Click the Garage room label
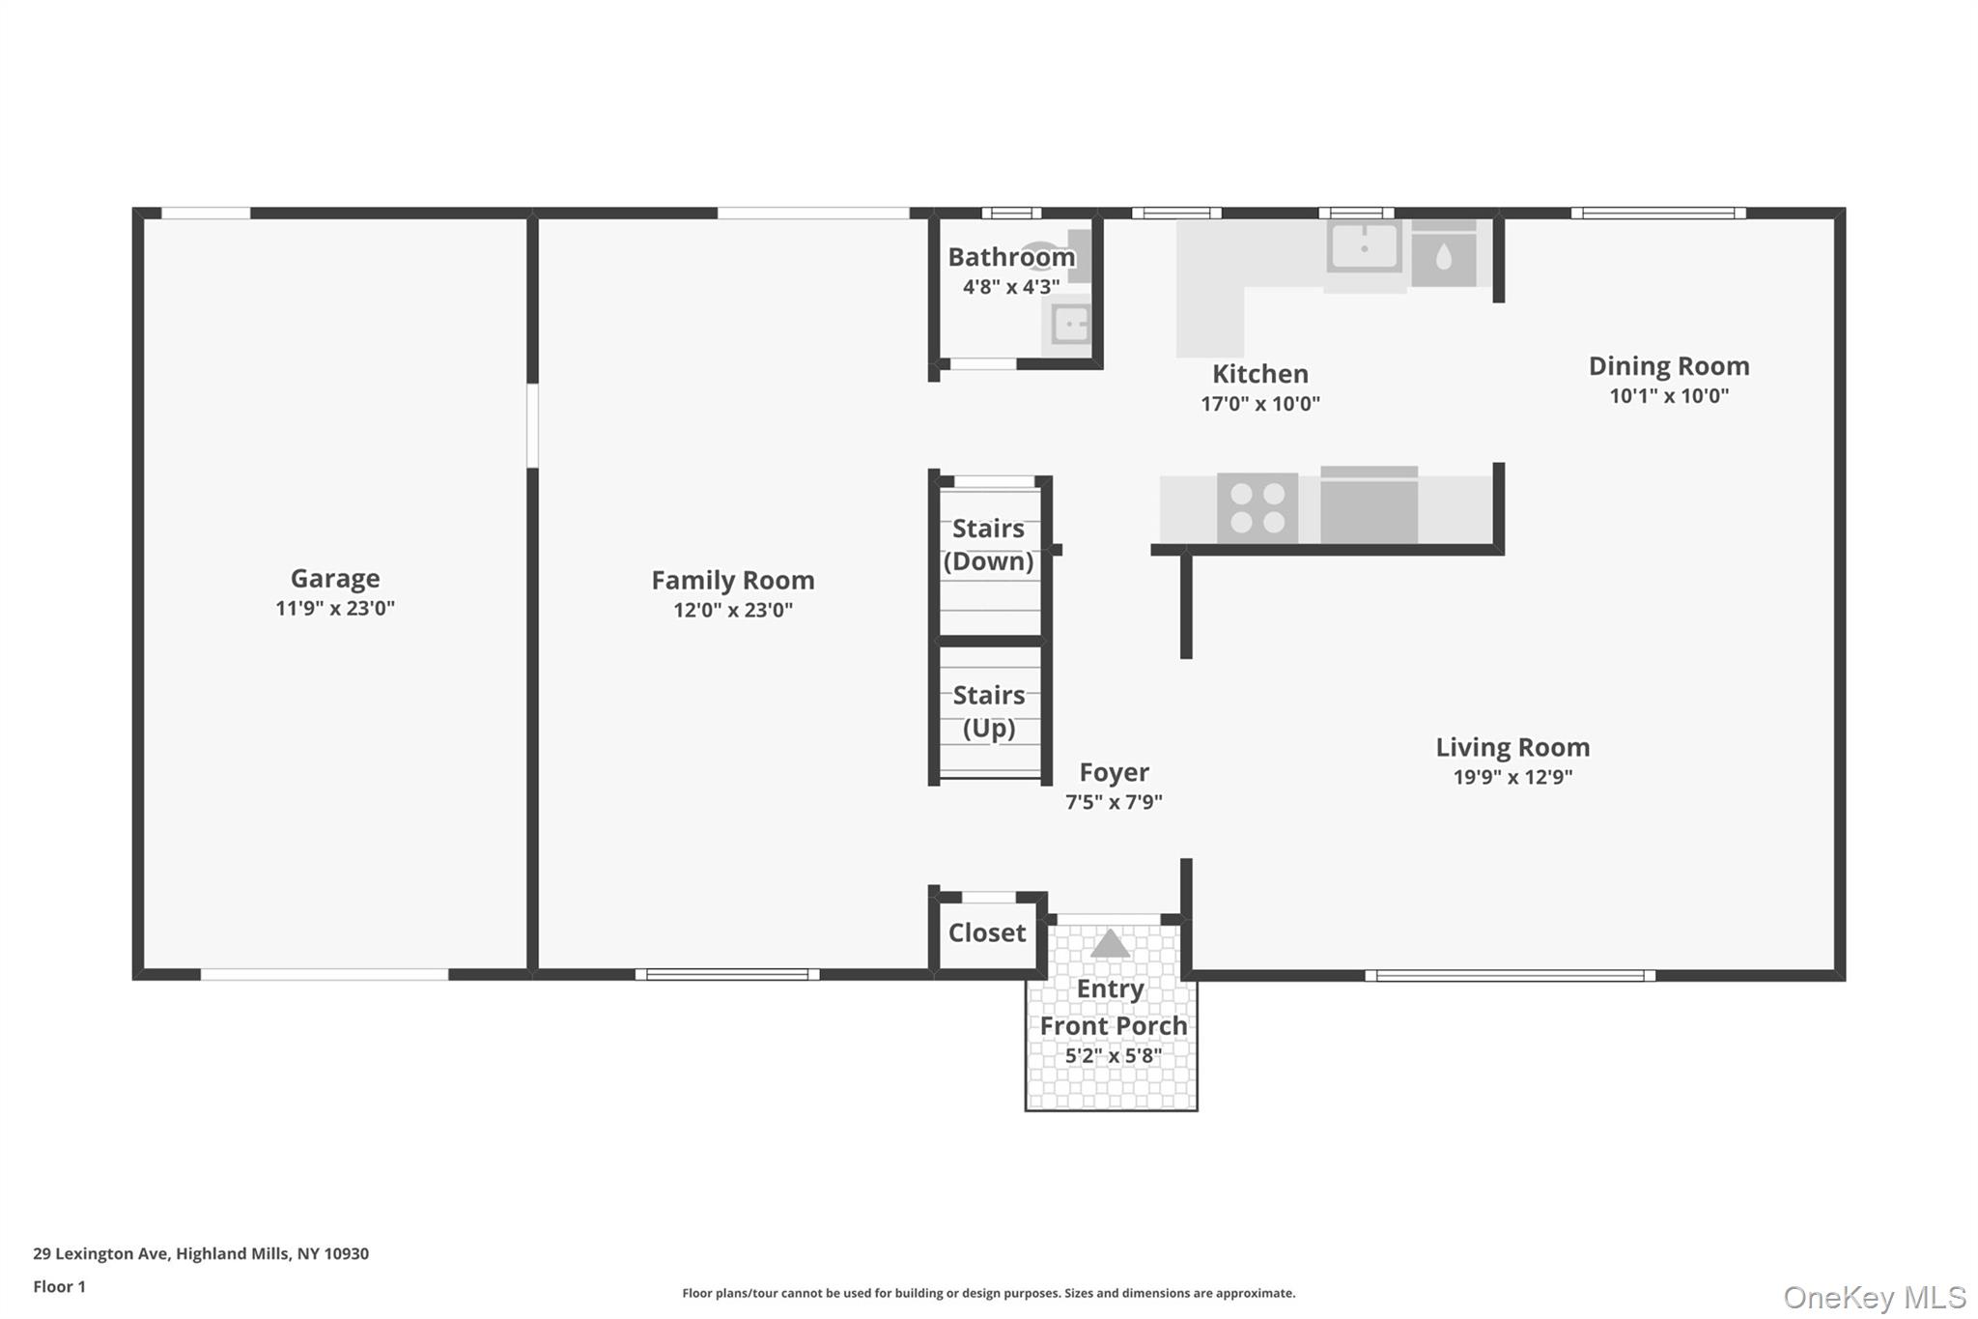pyautogui.click(x=334, y=578)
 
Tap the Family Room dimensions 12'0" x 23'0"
pyautogui.click(x=732, y=610)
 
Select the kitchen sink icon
pyautogui.click(x=1364, y=247)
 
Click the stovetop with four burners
pyautogui.click(x=1257, y=508)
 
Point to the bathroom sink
pyautogui.click(x=1069, y=324)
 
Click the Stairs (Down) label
pyautogui.click(x=988, y=544)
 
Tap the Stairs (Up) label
pyautogui.click(x=988, y=710)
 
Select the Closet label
pyautogui.click(x=986, y=932)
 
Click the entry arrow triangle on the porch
pyautogui.click(x=1110, y=943)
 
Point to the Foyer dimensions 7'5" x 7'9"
pyautogui.click(x=1113, y=801)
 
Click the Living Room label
pyautogui.click(x=1512, y=747)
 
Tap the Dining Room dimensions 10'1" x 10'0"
pyautogui.click(x=1668, y=395)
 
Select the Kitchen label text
pyautogui.click(x=1259, y=374)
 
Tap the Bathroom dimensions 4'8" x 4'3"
pyautogui.click(x=1010, y=287)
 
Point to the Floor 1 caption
pyautogui.click(x=59, y=1286)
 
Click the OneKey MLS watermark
pyautogui.click(x=1874, y=1297)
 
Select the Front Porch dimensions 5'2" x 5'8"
pyautogui.click(x=1113, y=1055)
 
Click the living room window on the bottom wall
pyautogui.click(x=1510, y=975)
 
